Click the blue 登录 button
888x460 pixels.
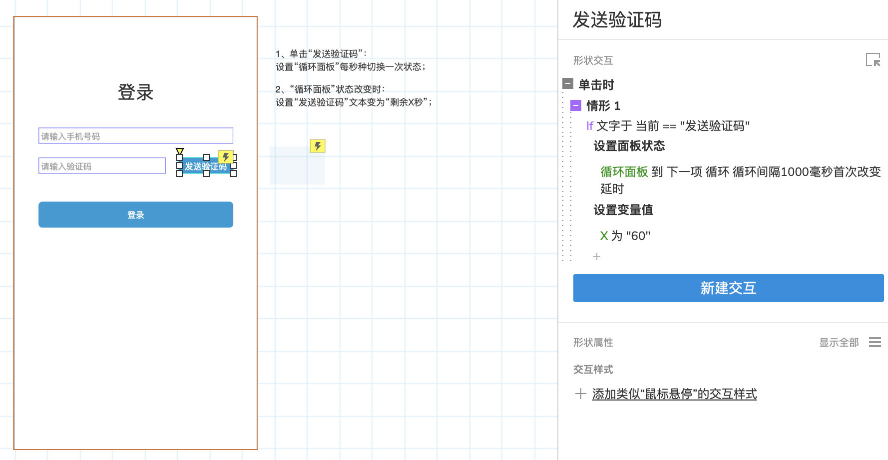click(136, 214)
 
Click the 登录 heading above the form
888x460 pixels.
click(135, 92)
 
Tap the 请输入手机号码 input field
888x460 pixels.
click(136, 136)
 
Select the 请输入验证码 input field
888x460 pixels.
click(102, 166)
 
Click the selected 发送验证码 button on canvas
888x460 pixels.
click(206, 166)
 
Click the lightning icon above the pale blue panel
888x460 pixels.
click(318, 146)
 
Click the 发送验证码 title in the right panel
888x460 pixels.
click(617, 20)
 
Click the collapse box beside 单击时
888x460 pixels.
click(568, 83)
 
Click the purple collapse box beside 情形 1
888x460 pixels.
click(576, 105)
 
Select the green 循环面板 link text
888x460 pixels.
click(624, 172)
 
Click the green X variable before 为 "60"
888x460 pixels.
click(604, 236)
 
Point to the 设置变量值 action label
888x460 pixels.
click(623, 210)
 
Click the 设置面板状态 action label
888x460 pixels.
click(629, 146)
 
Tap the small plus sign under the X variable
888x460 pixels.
click(597, 256)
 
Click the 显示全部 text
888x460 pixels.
click(839, 342)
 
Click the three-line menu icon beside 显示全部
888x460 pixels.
click(875, 342)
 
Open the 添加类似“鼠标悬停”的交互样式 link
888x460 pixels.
click(674, 394)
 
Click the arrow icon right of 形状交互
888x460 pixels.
click(873, 60)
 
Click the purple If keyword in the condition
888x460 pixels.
click(590, 126)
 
